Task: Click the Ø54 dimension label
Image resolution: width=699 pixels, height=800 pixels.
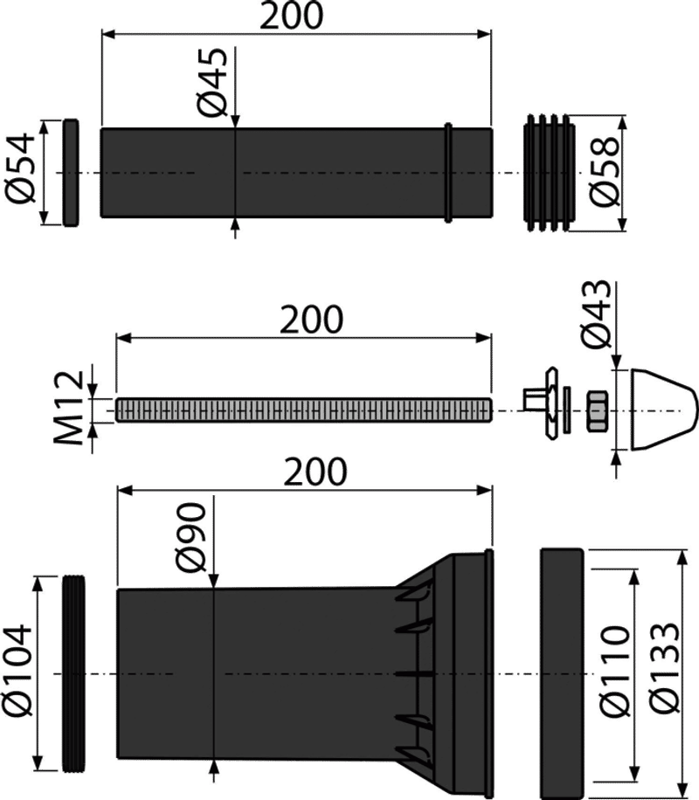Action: [20, 169]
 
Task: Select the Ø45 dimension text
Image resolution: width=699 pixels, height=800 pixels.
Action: [211, 81]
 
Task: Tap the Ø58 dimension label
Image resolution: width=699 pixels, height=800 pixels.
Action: [605, 171]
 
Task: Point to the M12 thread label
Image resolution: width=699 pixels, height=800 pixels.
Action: [69, 407]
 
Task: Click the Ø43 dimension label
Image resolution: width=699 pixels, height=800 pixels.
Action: [596, 314]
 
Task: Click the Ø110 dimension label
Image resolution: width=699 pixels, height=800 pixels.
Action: [615, 671]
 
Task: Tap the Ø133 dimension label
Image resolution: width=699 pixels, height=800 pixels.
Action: [666, 667]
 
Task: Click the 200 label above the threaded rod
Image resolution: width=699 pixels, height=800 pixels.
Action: [311, 320]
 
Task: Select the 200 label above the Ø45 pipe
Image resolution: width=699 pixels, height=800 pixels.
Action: [292, 16]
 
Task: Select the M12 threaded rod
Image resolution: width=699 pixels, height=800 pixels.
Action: [304, 410]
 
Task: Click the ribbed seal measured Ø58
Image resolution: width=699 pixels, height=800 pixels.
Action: [549, 172]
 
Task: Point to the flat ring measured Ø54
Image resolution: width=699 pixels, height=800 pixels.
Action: [71, 172]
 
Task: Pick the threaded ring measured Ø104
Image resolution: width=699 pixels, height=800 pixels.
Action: [74, 674]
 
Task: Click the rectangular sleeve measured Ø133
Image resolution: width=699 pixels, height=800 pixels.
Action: [562, 673]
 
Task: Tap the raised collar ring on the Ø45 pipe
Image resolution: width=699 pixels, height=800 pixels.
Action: [448, 172]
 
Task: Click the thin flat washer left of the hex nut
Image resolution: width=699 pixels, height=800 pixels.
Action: [567, 410]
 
